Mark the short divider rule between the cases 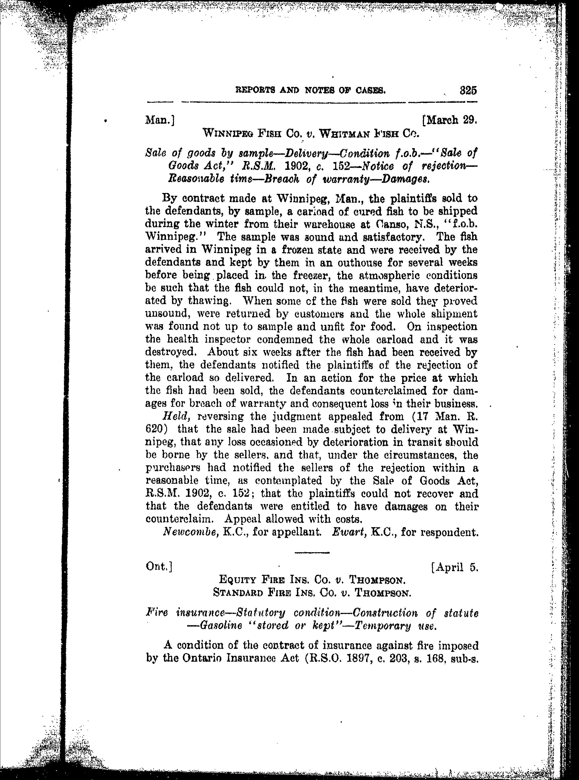(x=312, y=553)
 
